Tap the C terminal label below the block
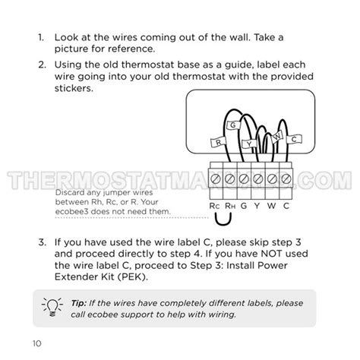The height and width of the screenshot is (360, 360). tap(286, 205)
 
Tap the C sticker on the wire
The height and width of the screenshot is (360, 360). tap(293, 138)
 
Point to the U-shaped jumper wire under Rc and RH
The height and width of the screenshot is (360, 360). tap(222, 220)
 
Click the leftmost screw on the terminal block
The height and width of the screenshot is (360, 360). tap(216, 179)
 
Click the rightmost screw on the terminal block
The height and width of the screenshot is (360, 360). tap(286, 179)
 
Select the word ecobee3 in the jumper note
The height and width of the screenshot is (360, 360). tap(73, 212)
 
